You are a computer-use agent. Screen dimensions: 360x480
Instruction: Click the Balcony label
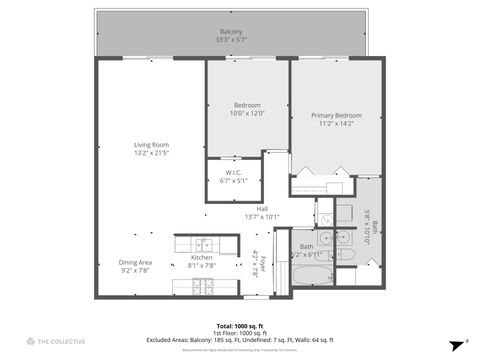[x=231, y=32]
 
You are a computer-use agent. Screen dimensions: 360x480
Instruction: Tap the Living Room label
[x=152, y=145]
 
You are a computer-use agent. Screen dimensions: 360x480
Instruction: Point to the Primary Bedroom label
[x=335, y=116]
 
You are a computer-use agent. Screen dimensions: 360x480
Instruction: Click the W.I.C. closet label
[x=233, y=172]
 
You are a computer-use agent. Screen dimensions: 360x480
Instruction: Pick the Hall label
[x=262, y=209]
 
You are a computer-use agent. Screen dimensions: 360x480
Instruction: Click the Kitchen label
[x=202, y=258]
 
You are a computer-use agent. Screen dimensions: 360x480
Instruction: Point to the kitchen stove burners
[x=204, y=286]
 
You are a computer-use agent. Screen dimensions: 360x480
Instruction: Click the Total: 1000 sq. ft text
[x=239, y=326]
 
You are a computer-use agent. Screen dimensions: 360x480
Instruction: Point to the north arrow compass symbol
[x=455, y=342]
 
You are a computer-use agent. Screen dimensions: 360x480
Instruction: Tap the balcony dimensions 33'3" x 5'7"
[x=231, y=40]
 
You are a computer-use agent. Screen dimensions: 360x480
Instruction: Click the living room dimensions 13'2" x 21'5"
[x=152, y=153]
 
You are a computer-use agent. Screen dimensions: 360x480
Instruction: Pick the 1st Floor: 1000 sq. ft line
[x=239, y=332]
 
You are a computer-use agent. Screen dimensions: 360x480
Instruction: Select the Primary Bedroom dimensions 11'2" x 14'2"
[x=335, y=124]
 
